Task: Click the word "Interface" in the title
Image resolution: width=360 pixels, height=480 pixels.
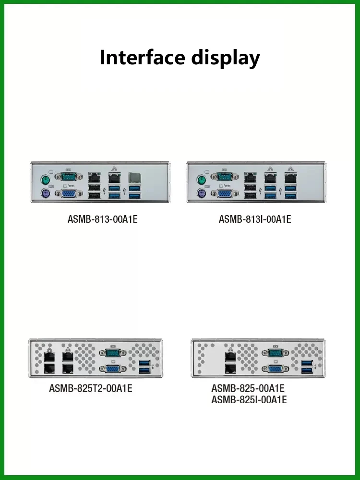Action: (143, 58)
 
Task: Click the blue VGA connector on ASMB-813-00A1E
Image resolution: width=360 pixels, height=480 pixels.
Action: (67, 193)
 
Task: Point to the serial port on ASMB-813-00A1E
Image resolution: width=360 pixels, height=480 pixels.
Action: (67, 179)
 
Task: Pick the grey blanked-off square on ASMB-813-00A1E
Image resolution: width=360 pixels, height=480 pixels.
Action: (134, 178)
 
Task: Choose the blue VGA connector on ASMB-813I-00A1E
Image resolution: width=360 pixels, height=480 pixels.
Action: (224, 193)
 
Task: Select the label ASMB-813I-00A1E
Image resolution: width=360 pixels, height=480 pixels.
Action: (255, 219)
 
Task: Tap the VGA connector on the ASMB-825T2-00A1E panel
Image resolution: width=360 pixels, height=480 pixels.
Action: (112, 369)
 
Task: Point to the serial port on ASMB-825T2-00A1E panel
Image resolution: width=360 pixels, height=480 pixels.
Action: (112, 353)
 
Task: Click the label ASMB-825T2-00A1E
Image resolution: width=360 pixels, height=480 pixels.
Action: (91, 388)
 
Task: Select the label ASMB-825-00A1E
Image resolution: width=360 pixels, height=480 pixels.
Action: (248, 388)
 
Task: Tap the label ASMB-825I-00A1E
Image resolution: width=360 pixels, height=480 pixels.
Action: (249, 399)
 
